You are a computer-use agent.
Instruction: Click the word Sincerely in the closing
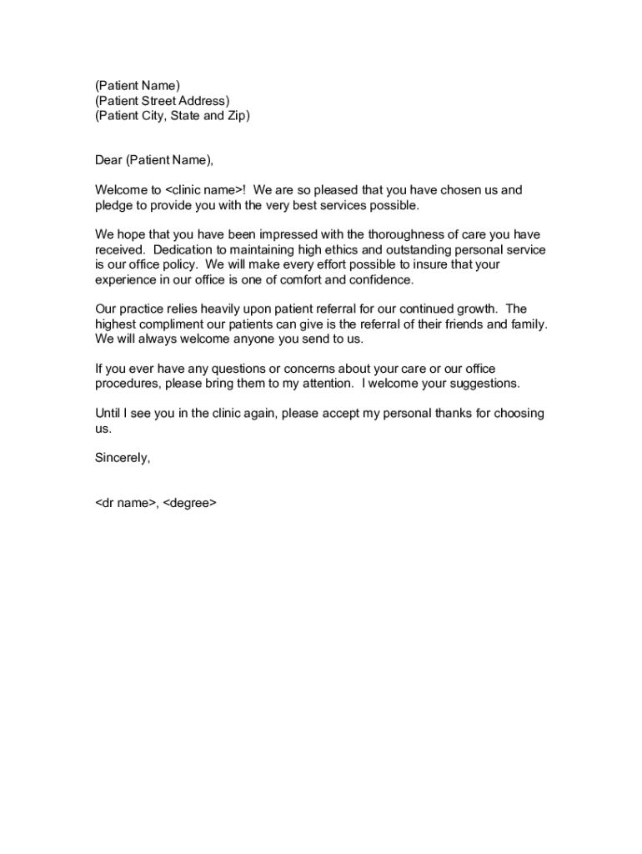(x=122, y=458)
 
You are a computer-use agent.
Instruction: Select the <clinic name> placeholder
(x=205, y=190)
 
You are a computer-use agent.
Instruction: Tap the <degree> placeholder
(x=190, y=503)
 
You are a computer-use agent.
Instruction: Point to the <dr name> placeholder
(x=125, y=503)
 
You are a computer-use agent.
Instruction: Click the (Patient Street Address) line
(x=162, y=101)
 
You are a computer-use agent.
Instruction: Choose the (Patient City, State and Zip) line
(x=172, y=116)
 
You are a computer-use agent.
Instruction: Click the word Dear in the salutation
(x=108, y=160)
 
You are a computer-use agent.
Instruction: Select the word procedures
(x=127, y=384)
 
